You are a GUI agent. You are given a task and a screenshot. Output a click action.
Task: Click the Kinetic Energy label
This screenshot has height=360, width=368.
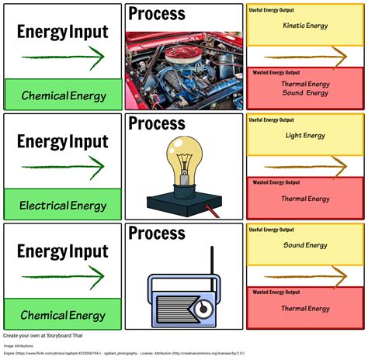[x=306, y=26]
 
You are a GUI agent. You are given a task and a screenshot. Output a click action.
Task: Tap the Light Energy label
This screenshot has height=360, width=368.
[x=306, y=136]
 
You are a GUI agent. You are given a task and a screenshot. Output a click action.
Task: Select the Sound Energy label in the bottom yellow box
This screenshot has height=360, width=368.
[x=306, y=245]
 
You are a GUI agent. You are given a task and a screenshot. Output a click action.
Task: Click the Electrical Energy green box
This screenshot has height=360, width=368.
[x=62, y=205]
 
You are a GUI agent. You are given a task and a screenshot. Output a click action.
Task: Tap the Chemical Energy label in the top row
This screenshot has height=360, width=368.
[x=62, y=95]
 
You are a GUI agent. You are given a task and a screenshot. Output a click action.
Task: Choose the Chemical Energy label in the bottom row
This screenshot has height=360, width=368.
[x=62, y=315]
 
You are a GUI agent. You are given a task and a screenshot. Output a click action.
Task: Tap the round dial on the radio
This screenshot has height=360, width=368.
[x=203, y=309]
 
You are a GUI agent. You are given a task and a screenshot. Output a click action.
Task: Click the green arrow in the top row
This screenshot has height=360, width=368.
[x=62, y=57]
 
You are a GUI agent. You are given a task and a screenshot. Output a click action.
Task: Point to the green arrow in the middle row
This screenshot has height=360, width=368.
[x=62, y=167]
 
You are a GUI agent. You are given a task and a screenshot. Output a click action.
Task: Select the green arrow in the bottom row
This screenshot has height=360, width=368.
[x=62, y=277]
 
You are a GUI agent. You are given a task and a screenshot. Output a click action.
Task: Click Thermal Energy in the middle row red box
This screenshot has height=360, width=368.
[x=306, y=199]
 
